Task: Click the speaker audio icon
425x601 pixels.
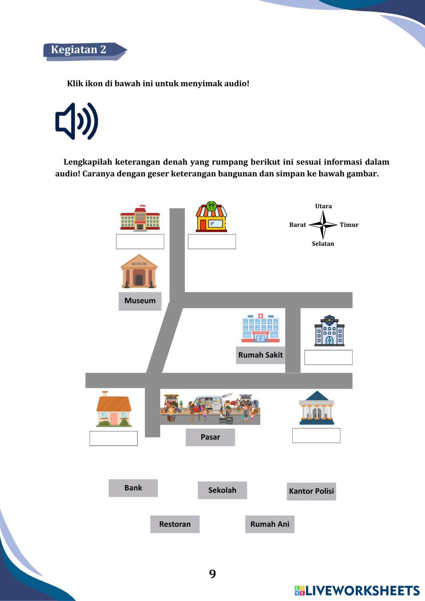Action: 76,121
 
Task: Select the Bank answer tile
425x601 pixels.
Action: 133,488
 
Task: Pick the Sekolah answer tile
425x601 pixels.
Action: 222,490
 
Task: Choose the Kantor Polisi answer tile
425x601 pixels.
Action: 311,491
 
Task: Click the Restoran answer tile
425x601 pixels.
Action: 175,524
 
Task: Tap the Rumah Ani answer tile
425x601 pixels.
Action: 269,524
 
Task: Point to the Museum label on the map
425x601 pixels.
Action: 140,301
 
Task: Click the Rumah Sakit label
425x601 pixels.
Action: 260,355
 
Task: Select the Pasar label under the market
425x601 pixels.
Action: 210,437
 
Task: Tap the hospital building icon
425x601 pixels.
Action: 261,328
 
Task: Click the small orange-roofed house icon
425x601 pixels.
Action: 113,409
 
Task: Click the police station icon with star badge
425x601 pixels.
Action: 329,331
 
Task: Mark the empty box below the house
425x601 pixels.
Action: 113,438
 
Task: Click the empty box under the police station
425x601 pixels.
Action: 328,357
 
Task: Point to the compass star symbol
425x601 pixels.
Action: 323,224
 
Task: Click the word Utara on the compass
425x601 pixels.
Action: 323,206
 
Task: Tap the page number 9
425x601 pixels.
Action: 212,574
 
